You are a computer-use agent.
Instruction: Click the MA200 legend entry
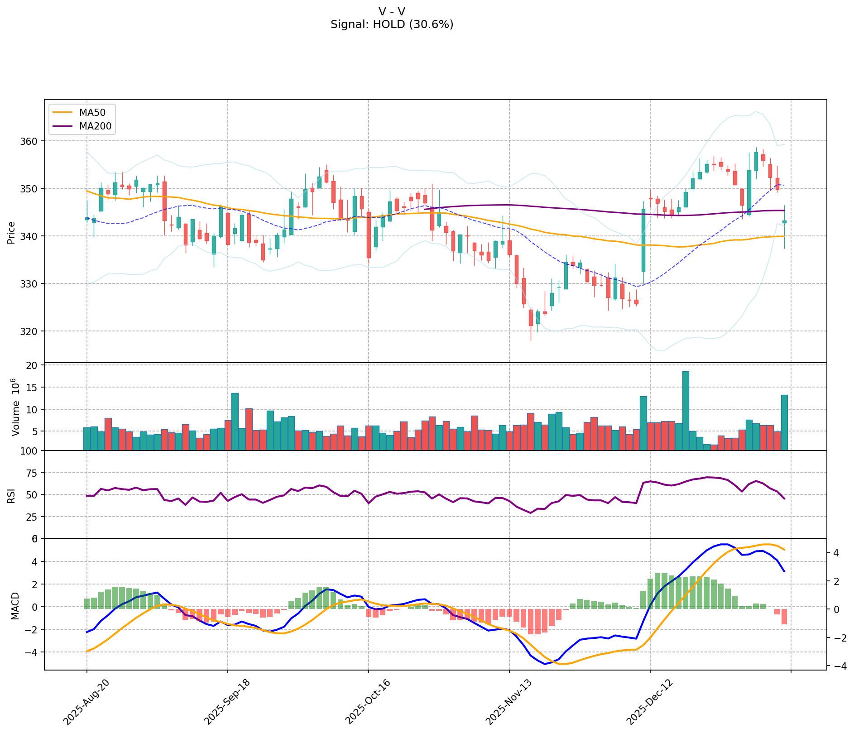(x=95, y=126)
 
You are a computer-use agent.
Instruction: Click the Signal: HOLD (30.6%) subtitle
(x=392, y=24)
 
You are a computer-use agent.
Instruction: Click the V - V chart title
(x=392, y=11)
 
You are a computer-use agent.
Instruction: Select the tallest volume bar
(x=686, y=410)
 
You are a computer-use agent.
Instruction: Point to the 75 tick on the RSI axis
(x=33, y=473)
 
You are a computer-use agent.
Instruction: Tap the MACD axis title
(x=15, y=605)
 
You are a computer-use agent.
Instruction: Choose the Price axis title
(x=11, y=232)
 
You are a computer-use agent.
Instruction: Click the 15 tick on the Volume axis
(x=33, y=388)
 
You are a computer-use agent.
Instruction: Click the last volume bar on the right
(x=784, y=422)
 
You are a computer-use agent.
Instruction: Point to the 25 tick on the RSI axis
(x=33, y=517)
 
